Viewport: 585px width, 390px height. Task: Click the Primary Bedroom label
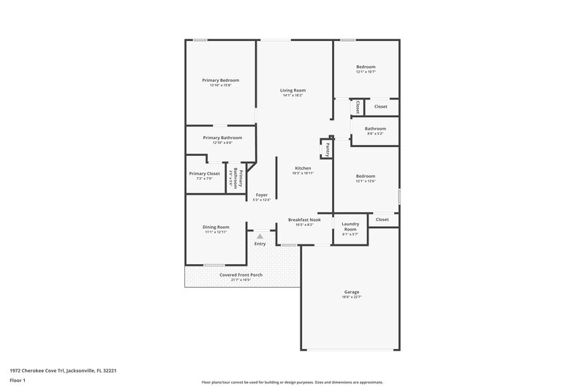coord(220,80)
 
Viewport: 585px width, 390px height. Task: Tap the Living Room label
coord(292,91)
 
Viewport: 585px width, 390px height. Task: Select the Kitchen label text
coord(303,168)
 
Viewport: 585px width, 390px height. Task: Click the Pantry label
coord(328,149)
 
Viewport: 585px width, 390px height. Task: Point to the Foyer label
coord(262,195)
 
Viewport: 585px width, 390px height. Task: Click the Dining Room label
coord(216,227)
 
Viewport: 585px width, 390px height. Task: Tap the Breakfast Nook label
coord(304,220)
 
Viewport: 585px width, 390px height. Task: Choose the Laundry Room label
coord(350,227)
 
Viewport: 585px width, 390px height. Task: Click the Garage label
coord(351,293)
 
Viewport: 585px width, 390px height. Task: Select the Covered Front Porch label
coord(241,274)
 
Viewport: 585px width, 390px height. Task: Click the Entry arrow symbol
coord(260,236)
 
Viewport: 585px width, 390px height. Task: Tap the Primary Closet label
coord(204,173)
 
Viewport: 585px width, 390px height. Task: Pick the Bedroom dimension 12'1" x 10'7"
coord(366,72)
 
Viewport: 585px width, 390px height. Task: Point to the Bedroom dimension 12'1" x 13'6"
coord(366,181)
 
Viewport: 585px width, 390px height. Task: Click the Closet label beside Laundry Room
coord(382,220)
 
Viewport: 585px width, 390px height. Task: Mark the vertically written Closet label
coord(358,107)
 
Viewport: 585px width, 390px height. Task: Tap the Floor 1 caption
coord(18,381)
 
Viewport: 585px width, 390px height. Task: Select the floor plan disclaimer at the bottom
coord(292,382)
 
